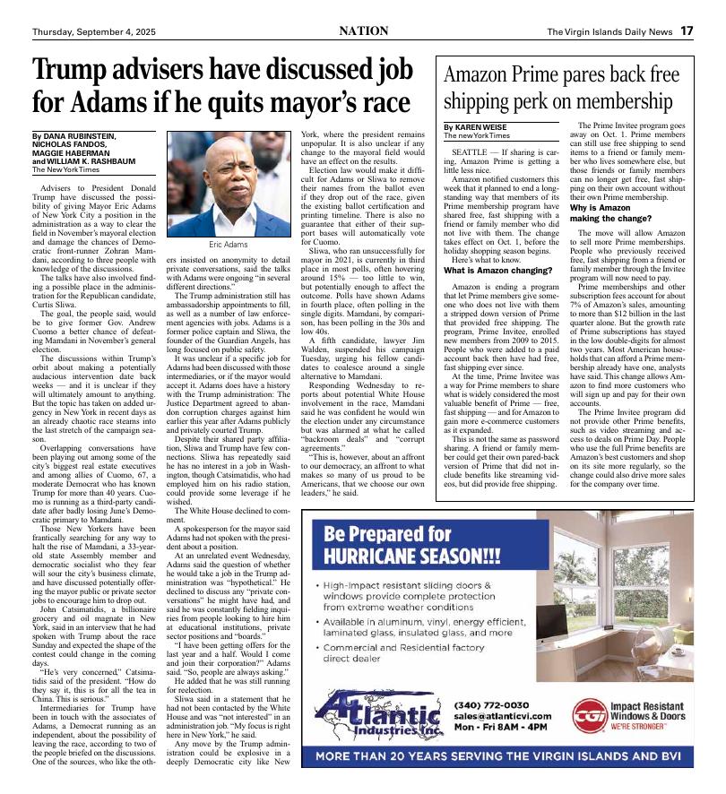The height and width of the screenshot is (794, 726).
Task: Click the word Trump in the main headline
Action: [73, 71]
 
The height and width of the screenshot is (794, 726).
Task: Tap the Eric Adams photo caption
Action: [229, 244]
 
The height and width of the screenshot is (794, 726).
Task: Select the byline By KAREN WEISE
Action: [481, 129]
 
